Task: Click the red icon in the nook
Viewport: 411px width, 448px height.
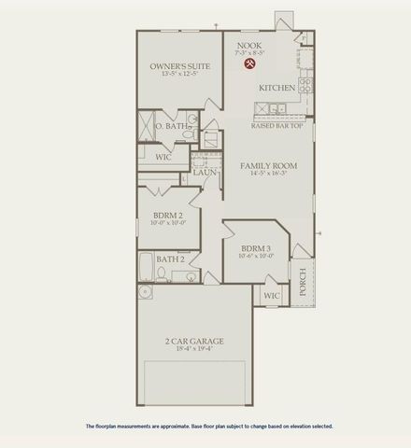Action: coord(250,65)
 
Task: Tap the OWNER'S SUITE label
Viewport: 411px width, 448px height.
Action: coord(179,66)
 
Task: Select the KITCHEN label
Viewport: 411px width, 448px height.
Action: coord(277,88)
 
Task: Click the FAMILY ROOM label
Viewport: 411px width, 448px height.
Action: coord(268,165)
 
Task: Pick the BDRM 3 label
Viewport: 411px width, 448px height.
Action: coord(255,249)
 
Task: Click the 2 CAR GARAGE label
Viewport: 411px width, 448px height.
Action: coord(194,341)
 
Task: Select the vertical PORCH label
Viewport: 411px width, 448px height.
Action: coord(302,281)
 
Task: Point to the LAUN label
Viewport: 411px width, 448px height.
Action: coord(205,173)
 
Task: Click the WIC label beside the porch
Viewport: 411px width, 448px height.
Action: coord(271,296)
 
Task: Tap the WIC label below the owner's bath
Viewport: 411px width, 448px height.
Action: coord(163,158)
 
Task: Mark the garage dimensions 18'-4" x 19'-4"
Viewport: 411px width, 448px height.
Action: coord(194,351)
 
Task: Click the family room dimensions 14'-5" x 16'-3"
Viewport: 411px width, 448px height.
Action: coord(268,175)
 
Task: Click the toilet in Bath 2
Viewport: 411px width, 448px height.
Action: coord(163,274)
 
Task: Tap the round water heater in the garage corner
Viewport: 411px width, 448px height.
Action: coord(145,292)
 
